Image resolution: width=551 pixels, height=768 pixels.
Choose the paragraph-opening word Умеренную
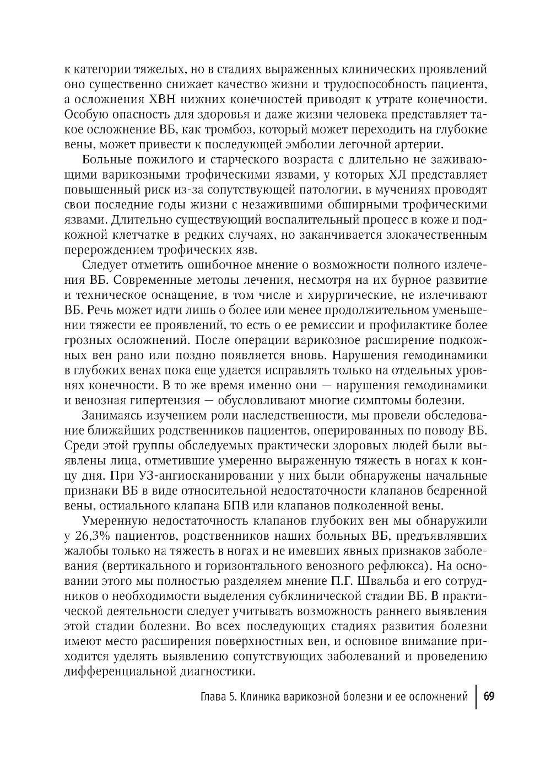pos(112,521)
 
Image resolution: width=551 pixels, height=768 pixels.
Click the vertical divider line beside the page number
pos(476,697)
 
